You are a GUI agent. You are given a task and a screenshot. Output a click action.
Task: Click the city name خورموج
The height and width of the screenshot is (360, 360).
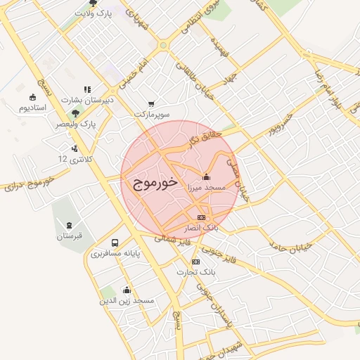(x=151, y=185)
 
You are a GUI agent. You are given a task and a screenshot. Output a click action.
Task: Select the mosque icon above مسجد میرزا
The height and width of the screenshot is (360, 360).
(x=205, y=177)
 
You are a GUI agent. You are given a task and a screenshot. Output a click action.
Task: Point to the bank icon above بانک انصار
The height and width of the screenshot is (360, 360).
(x=201, y=218)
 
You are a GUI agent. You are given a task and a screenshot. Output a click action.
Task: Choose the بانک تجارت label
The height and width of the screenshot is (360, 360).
(x=195, y=271)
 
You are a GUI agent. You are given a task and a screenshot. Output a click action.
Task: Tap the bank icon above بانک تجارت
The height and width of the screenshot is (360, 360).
(x=195, y=262)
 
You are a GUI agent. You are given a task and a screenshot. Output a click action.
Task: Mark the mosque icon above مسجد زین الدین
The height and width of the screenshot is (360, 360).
(x=127, y=289)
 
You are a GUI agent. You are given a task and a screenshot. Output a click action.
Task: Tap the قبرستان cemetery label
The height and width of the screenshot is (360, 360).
(x=70, y=236)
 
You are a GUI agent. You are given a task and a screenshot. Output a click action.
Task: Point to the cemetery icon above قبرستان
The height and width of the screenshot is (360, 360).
(x=69, y=225)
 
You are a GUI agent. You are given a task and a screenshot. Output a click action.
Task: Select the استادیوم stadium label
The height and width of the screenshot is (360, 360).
(x=32, y=108)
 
